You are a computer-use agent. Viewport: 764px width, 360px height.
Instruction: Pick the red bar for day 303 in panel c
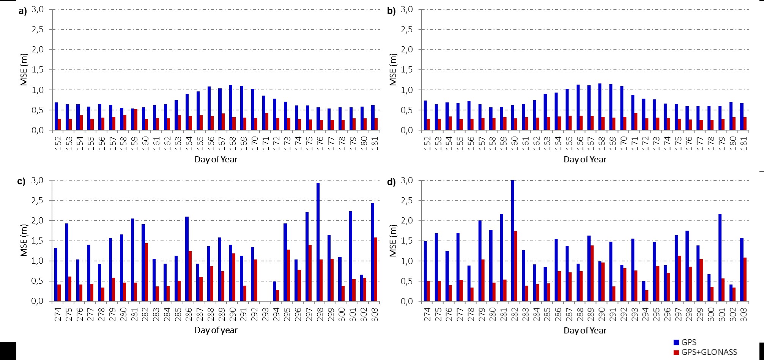click(x=376, y=269)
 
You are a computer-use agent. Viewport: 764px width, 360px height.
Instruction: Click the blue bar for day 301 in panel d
click(x=720, y=258)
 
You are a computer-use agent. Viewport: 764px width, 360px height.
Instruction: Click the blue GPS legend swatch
click(x=676, y=343)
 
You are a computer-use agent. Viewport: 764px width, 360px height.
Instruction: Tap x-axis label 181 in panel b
click(x=744, y=143)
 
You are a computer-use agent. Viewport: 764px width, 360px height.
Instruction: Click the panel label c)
click(x=22, y=182)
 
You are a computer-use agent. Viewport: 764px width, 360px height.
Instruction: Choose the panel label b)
click(x=391, y=11)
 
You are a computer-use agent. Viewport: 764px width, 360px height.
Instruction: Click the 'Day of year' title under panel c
click(x=216, y=330)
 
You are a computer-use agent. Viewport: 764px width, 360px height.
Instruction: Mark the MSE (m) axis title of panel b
click(x=393, y=70)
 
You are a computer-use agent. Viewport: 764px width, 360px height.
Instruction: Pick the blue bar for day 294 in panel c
click(x=274, y=291)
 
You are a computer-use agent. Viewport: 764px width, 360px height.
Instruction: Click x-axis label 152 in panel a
click(x=58, y=143)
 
